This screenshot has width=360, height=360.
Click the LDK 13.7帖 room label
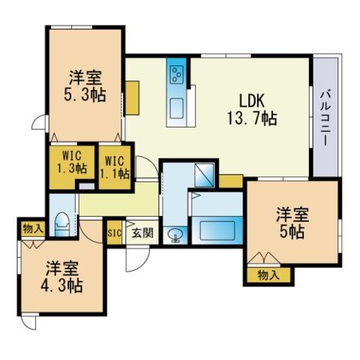pos(252,109)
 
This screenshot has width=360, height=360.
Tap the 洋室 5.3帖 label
pos(85,85)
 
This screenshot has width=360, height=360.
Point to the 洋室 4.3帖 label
pos(61,277)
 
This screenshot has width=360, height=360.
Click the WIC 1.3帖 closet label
pos(72,163)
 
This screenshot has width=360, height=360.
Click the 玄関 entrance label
pos(142,233)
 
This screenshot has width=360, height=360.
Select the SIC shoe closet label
pos(115,233)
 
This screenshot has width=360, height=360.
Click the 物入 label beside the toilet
pos(33,228)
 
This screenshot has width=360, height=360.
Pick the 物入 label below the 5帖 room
pos(268,275)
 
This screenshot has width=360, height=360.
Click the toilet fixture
pos(61,224)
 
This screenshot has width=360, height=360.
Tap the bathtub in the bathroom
pos(217,230)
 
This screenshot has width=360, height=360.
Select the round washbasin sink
pos(175,235)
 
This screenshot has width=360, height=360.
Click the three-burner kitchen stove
pos(177,74)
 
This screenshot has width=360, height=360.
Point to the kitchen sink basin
pos(177,108)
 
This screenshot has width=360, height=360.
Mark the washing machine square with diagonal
pos(204,175)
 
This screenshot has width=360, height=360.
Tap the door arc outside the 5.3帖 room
pos(39,122)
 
